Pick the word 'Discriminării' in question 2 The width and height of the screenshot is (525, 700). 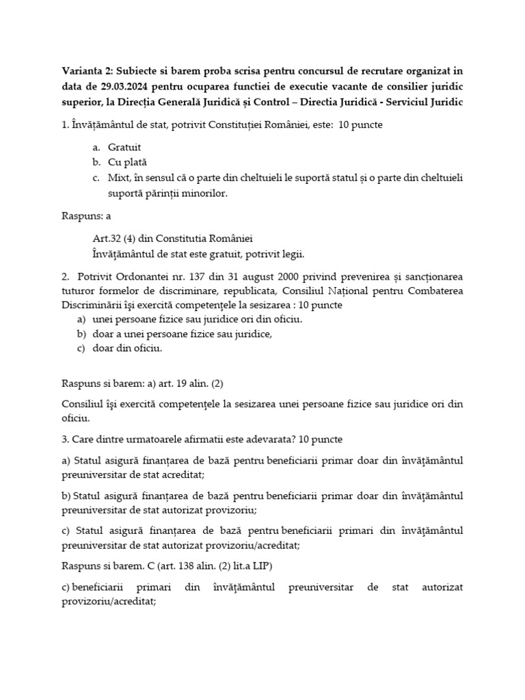pos(92,306)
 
